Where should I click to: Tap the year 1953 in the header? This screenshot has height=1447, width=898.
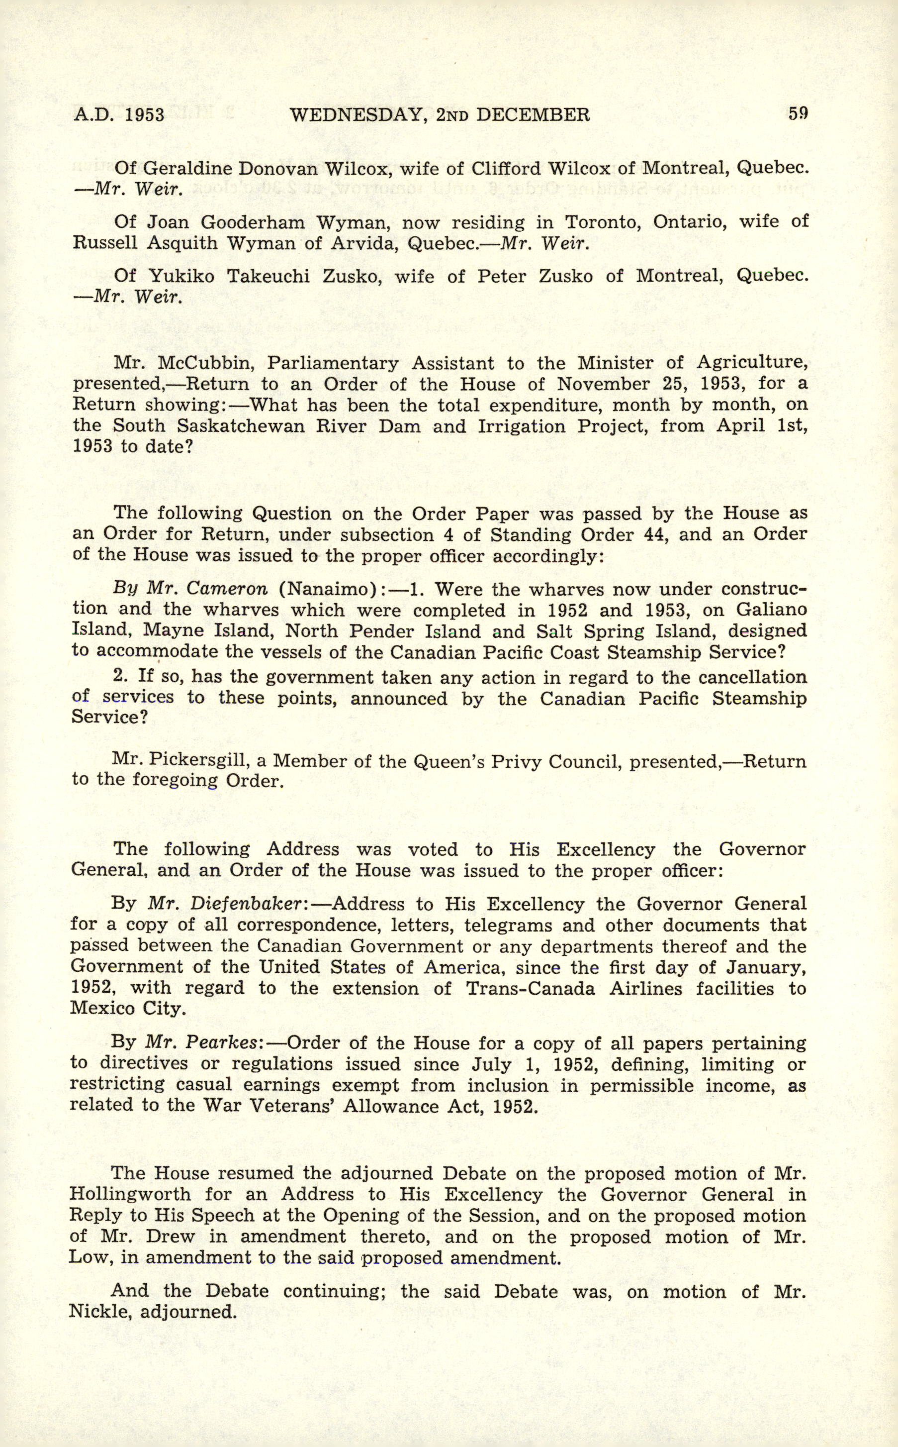coord(145,114)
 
